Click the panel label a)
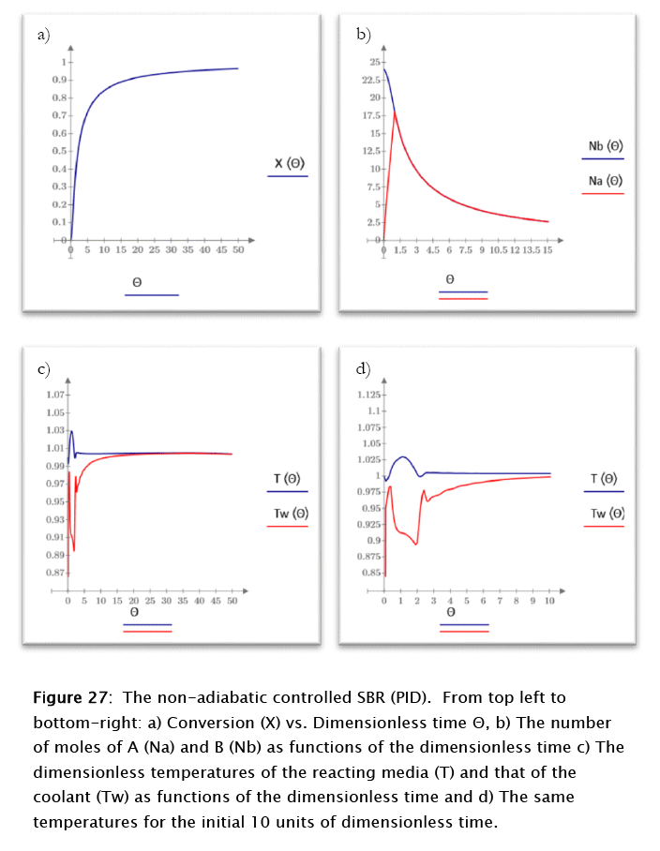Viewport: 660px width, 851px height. pos(42,36)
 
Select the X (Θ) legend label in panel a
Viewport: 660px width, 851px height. pos(289,164)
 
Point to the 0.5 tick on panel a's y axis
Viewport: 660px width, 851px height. pos(56,151)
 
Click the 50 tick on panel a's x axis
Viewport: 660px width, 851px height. pos(237,250)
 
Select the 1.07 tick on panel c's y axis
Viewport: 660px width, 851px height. pos(54,395)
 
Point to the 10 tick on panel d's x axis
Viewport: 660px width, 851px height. pos(549,600)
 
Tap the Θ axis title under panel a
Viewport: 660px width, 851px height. pos(136,281)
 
